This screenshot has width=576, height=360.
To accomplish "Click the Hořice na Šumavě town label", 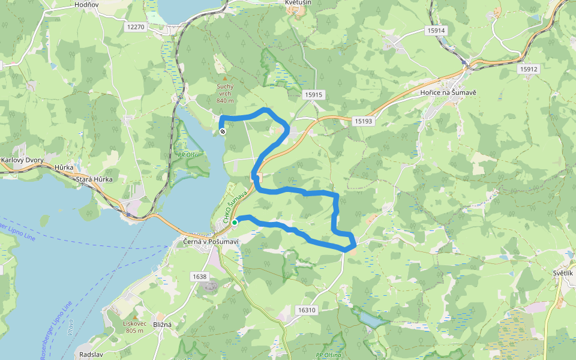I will (448, 94).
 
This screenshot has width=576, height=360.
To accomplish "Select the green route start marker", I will (235, 223).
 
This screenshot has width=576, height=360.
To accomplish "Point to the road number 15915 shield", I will (313, 95).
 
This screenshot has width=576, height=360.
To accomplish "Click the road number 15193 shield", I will (363, 121).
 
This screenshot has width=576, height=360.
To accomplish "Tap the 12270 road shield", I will (136, 27).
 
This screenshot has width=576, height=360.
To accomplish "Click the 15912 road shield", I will (529, 69).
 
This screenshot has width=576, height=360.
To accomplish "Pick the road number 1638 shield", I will (200, 277).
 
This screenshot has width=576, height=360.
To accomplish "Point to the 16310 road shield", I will (306, 310).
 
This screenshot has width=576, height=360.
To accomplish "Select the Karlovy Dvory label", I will (18, 160).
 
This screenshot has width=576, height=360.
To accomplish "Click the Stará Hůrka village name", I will (92, 179).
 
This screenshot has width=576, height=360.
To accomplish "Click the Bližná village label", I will (162, 325).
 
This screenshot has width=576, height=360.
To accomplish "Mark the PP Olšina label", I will (328, 355).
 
